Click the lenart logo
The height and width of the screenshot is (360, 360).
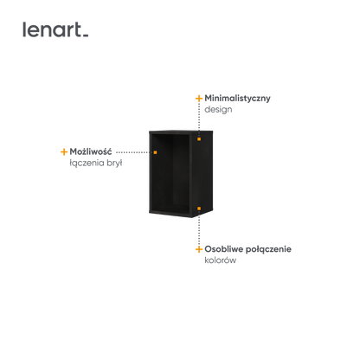pyautogui.click(x=55, y=29)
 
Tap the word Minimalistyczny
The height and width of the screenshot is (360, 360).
pyautogui.click(x=237, y=98)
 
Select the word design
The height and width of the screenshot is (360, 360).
pyautogui.click(x=218, y=110)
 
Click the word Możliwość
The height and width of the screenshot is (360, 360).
pyautogui.click(x=91, y=151)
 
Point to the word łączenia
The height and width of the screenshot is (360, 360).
pyautogui.click(x=87, y=163)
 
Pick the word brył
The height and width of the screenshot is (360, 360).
pyautogui.click(x=114, y=163)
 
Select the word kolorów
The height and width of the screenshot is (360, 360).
pyautogui.click(x=221, y=260)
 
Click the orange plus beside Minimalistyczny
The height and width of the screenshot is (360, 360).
pyautogui.click(x=199, y=99)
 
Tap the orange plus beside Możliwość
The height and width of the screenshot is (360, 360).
pyautogui.click(x=64, y=151)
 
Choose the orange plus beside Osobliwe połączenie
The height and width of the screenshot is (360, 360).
pyautogui.click(x=199, y=249)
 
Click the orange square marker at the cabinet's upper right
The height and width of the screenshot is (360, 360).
pyautogui.click(x=199, y=139)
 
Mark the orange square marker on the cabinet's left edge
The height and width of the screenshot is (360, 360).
pyautogui.click(x=155, y=152)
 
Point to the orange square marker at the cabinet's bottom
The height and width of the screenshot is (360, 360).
pyautogui.click(x=199, y=208)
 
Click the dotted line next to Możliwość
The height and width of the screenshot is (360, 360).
pyautogui.click(x=134, y=152)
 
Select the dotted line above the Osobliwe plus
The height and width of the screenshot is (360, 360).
pyautogui.click(x=199, y=228)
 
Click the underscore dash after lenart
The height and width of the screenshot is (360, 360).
pyautogui.click(x=86, y=35)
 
